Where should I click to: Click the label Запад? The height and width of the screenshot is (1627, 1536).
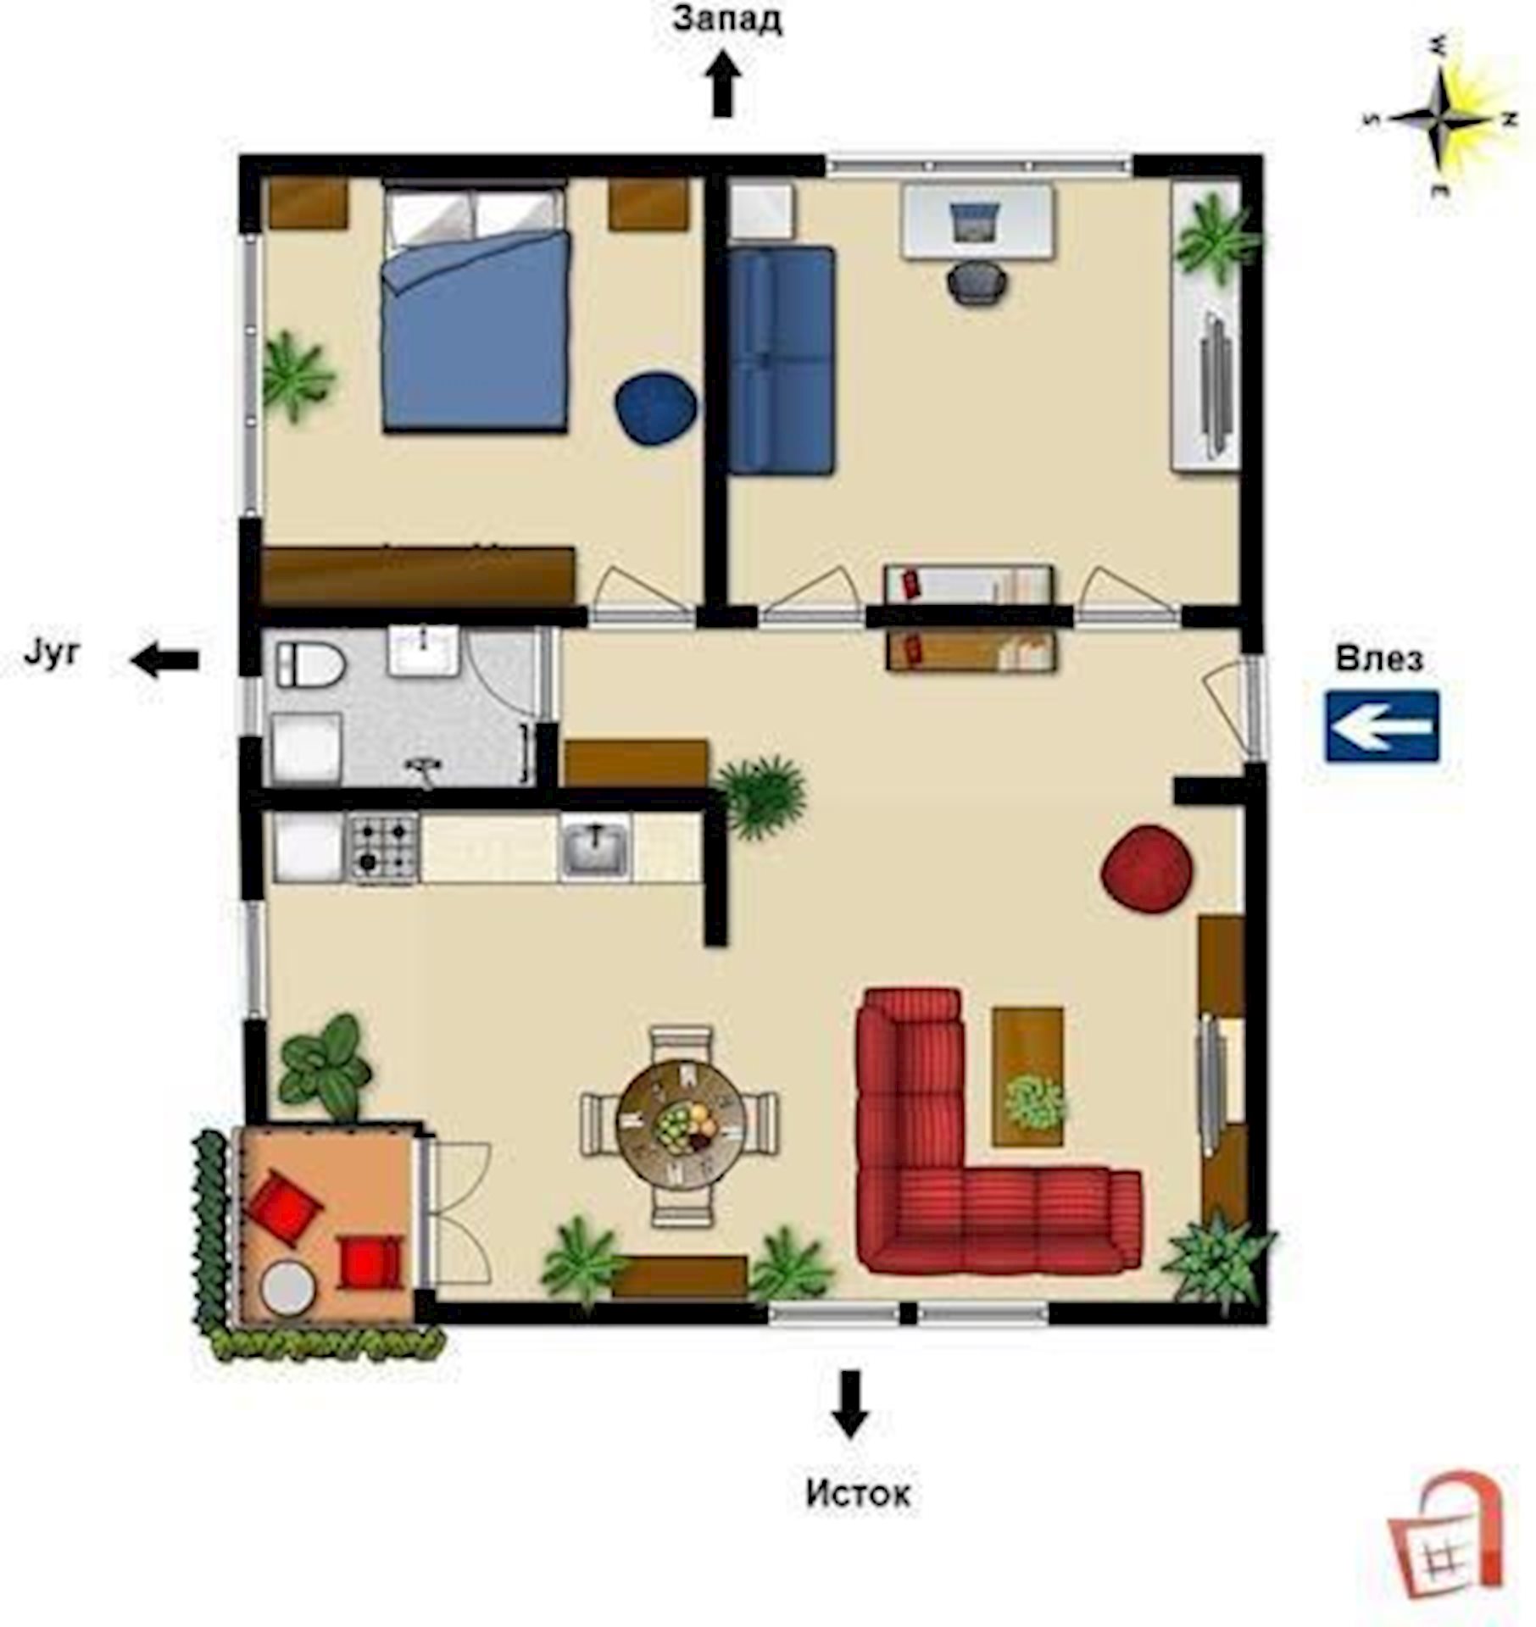(727, 20)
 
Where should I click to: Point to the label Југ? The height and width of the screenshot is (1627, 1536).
(51, 654)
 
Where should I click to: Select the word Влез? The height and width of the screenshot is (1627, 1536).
(1379, 658)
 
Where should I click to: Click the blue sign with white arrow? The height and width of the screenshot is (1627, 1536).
(1383, 725)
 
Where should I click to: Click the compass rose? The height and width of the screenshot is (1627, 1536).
(1440, 118)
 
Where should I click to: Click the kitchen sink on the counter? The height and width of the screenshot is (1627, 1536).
(595, 847)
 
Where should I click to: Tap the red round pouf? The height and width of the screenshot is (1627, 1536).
(1148, 869)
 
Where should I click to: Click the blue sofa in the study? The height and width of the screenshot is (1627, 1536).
(781, 359)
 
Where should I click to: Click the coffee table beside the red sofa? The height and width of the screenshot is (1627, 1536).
(1028, 1076)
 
